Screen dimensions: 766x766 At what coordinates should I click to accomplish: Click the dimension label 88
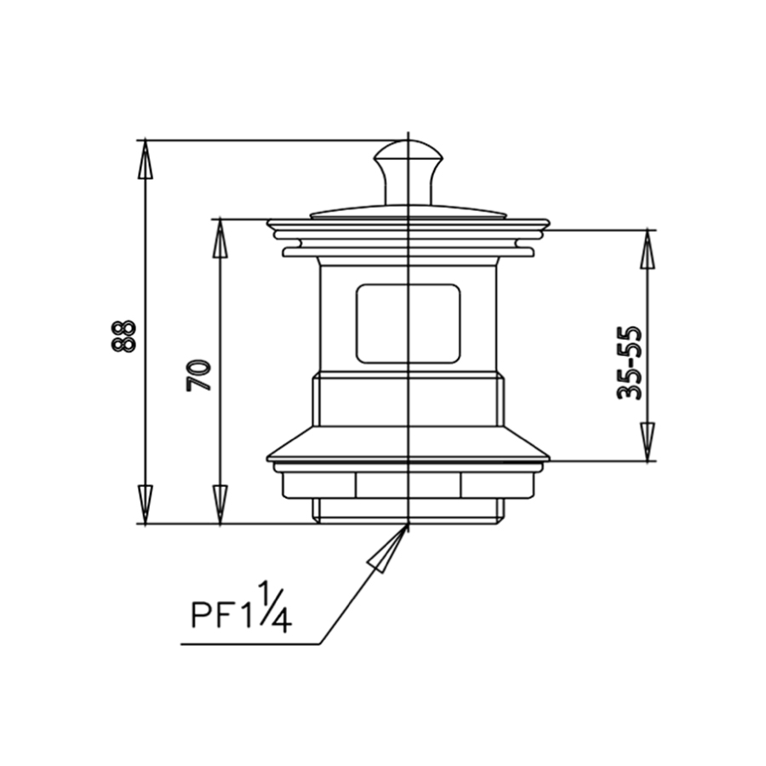[x=123, y=335]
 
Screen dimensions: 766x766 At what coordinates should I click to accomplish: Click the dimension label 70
[x=199, y=374]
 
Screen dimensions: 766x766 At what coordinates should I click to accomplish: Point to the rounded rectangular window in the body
[x=408, y=323]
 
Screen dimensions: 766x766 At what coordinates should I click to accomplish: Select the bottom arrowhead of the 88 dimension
[x=146, y=504]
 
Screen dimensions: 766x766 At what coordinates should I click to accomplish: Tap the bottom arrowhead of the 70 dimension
[x=220, y=504]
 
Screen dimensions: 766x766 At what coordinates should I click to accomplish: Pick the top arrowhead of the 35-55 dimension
[x=648, y=249]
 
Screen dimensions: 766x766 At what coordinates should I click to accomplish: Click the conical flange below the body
[x=408, y=443]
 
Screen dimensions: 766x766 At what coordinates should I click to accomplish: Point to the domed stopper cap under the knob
[x=408, y=211]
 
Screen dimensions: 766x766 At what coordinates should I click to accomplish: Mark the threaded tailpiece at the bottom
[x=408, y=511]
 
